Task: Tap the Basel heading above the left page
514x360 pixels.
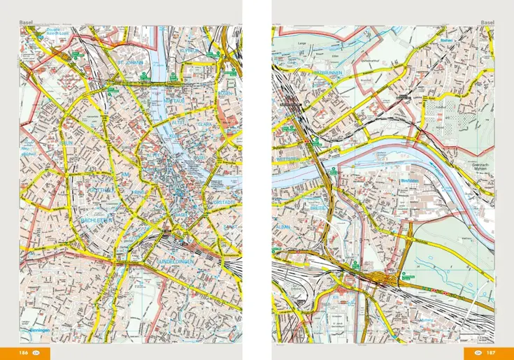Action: coord(27,22)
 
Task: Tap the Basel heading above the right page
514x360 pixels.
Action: coord(487,22)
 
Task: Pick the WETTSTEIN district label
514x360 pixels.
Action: coord(287,160)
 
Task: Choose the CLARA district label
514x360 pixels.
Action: coord(205,124)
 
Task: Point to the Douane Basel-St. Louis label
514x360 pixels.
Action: coord(39,31)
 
